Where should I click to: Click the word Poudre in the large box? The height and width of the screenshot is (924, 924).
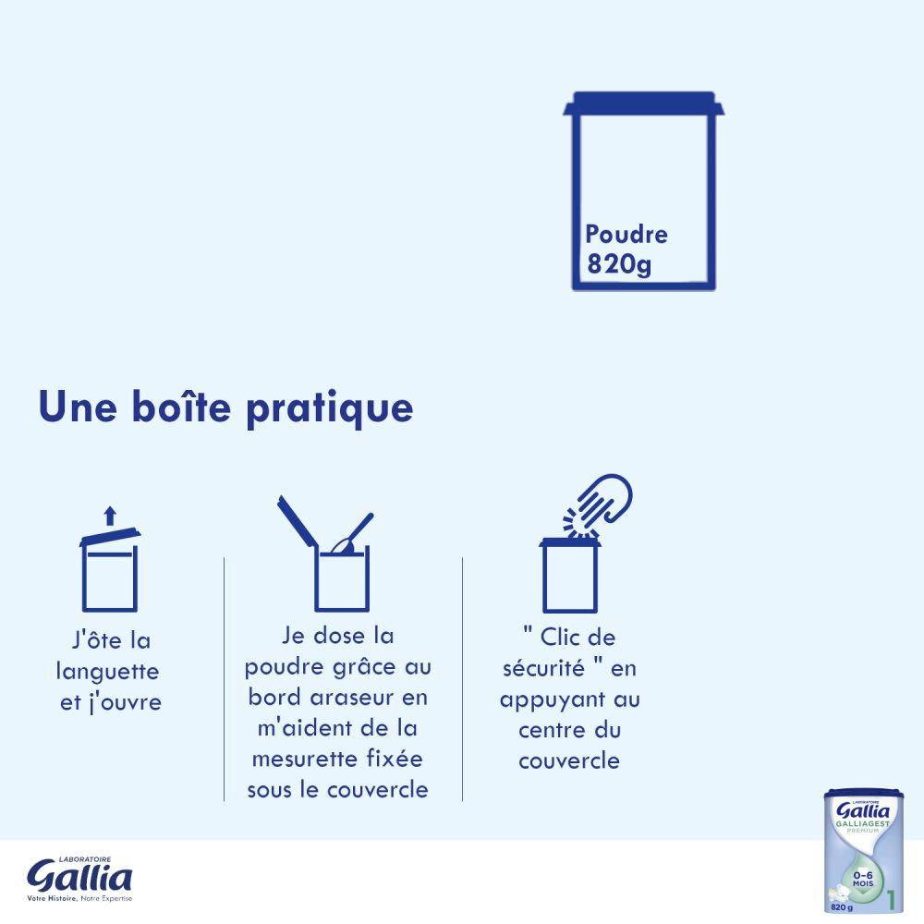[x=626, y=235]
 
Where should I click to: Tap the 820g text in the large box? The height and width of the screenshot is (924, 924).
[x=619, y=263]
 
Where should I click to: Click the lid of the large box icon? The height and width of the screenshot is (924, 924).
[x=643, y=103]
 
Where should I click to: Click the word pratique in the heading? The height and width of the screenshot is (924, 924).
[x=330, y=408]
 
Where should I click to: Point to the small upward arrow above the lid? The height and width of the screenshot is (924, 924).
[x=110, y=516]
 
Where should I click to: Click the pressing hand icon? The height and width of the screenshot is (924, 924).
[x=598, y=505]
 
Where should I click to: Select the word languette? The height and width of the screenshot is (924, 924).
[x=108, y=671]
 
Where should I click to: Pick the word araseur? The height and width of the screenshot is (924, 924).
[x=352, y=698]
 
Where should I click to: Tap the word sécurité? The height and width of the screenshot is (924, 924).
[x=544, y=668]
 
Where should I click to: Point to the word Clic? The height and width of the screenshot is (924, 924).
[x=560, y=637]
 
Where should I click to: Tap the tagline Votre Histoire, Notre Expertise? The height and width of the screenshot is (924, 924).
[x=79, y=899]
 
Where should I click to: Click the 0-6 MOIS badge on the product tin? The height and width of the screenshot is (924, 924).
[x=863, y=880]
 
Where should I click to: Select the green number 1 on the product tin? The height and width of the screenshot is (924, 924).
[x=891, y=900]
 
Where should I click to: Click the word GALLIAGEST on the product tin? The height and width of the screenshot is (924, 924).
[x=863, y=823]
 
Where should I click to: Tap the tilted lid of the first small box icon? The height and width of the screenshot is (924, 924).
[x=110, y=536]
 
